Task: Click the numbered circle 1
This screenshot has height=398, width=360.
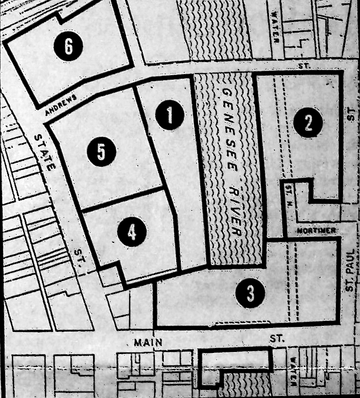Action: coord(169,115)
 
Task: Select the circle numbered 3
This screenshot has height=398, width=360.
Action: coord(250,293)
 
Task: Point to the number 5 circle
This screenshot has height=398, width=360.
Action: coord(101,152)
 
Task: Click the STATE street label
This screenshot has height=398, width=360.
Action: coord(43,153)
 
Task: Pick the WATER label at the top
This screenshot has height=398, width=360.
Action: coord(275,28)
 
